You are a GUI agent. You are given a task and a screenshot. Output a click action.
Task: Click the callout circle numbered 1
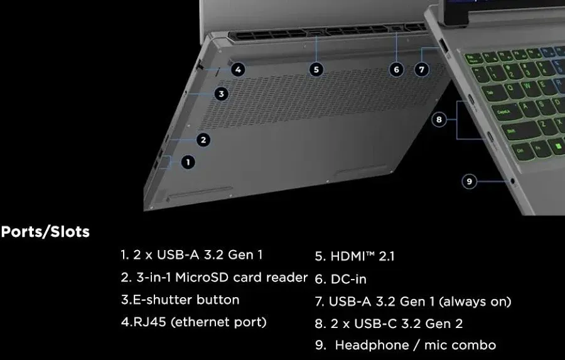(188, 162)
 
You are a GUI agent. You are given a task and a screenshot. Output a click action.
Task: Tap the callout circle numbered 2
(203, 139)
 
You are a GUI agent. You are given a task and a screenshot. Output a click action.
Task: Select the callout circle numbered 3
(220, 94)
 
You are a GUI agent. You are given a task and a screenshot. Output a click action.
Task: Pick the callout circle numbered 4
(237, 70)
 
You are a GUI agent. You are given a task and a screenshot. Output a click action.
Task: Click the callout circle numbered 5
(317, 70)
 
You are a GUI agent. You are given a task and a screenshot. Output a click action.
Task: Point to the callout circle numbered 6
(396, 70)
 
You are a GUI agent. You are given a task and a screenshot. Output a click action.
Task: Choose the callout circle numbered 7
(422, 70)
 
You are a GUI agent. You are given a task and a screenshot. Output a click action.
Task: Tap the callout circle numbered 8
(439, 119)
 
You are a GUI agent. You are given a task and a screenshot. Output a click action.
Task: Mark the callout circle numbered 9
(470, 182)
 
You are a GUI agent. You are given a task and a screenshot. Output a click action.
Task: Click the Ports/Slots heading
(45, 232)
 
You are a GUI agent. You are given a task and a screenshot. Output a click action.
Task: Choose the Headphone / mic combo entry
(415, 345)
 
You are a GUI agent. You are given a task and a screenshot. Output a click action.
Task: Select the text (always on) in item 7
(475, 302)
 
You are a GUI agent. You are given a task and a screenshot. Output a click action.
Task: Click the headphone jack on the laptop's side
(515, 182)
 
